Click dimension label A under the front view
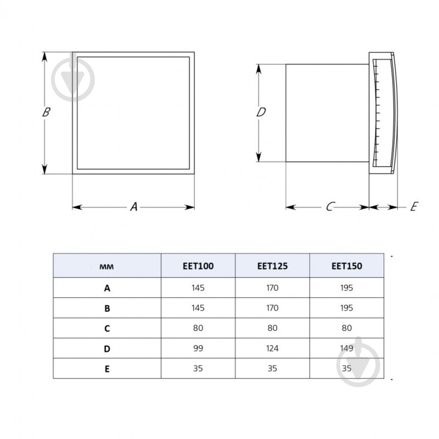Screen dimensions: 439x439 134,206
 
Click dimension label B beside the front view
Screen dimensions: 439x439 46,112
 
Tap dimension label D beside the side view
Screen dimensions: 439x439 261,113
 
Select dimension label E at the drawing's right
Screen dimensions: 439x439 414,207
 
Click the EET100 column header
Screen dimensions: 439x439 198,266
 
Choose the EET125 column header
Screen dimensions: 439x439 272,266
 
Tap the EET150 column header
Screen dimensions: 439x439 346,266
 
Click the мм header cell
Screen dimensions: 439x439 107,266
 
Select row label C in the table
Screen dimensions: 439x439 107,328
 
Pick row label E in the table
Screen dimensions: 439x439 107,369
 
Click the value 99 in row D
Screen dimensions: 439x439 198,349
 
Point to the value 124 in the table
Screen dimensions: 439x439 272,349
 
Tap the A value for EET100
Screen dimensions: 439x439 198,288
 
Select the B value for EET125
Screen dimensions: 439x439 272,308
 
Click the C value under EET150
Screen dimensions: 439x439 346,328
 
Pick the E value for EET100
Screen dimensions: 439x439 198,369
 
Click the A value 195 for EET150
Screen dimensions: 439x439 346,288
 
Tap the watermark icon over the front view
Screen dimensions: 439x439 73,79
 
